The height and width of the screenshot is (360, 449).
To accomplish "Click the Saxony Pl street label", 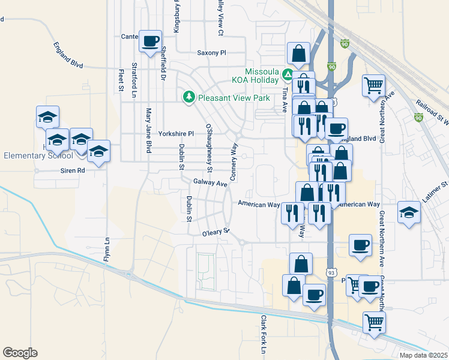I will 211,53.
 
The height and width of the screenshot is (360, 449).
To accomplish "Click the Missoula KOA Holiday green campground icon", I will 288,76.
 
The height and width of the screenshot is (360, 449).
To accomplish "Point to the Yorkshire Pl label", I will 176,134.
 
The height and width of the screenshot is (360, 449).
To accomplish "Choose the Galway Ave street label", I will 208,182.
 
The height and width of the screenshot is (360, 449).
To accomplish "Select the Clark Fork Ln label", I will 263,334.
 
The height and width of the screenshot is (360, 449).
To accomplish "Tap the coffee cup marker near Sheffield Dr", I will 150,41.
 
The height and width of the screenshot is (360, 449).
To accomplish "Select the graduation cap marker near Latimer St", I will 409,213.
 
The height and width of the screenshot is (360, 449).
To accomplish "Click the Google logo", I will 20,353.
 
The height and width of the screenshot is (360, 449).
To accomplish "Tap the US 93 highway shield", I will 331,272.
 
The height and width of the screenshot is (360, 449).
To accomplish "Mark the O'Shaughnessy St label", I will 209,143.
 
